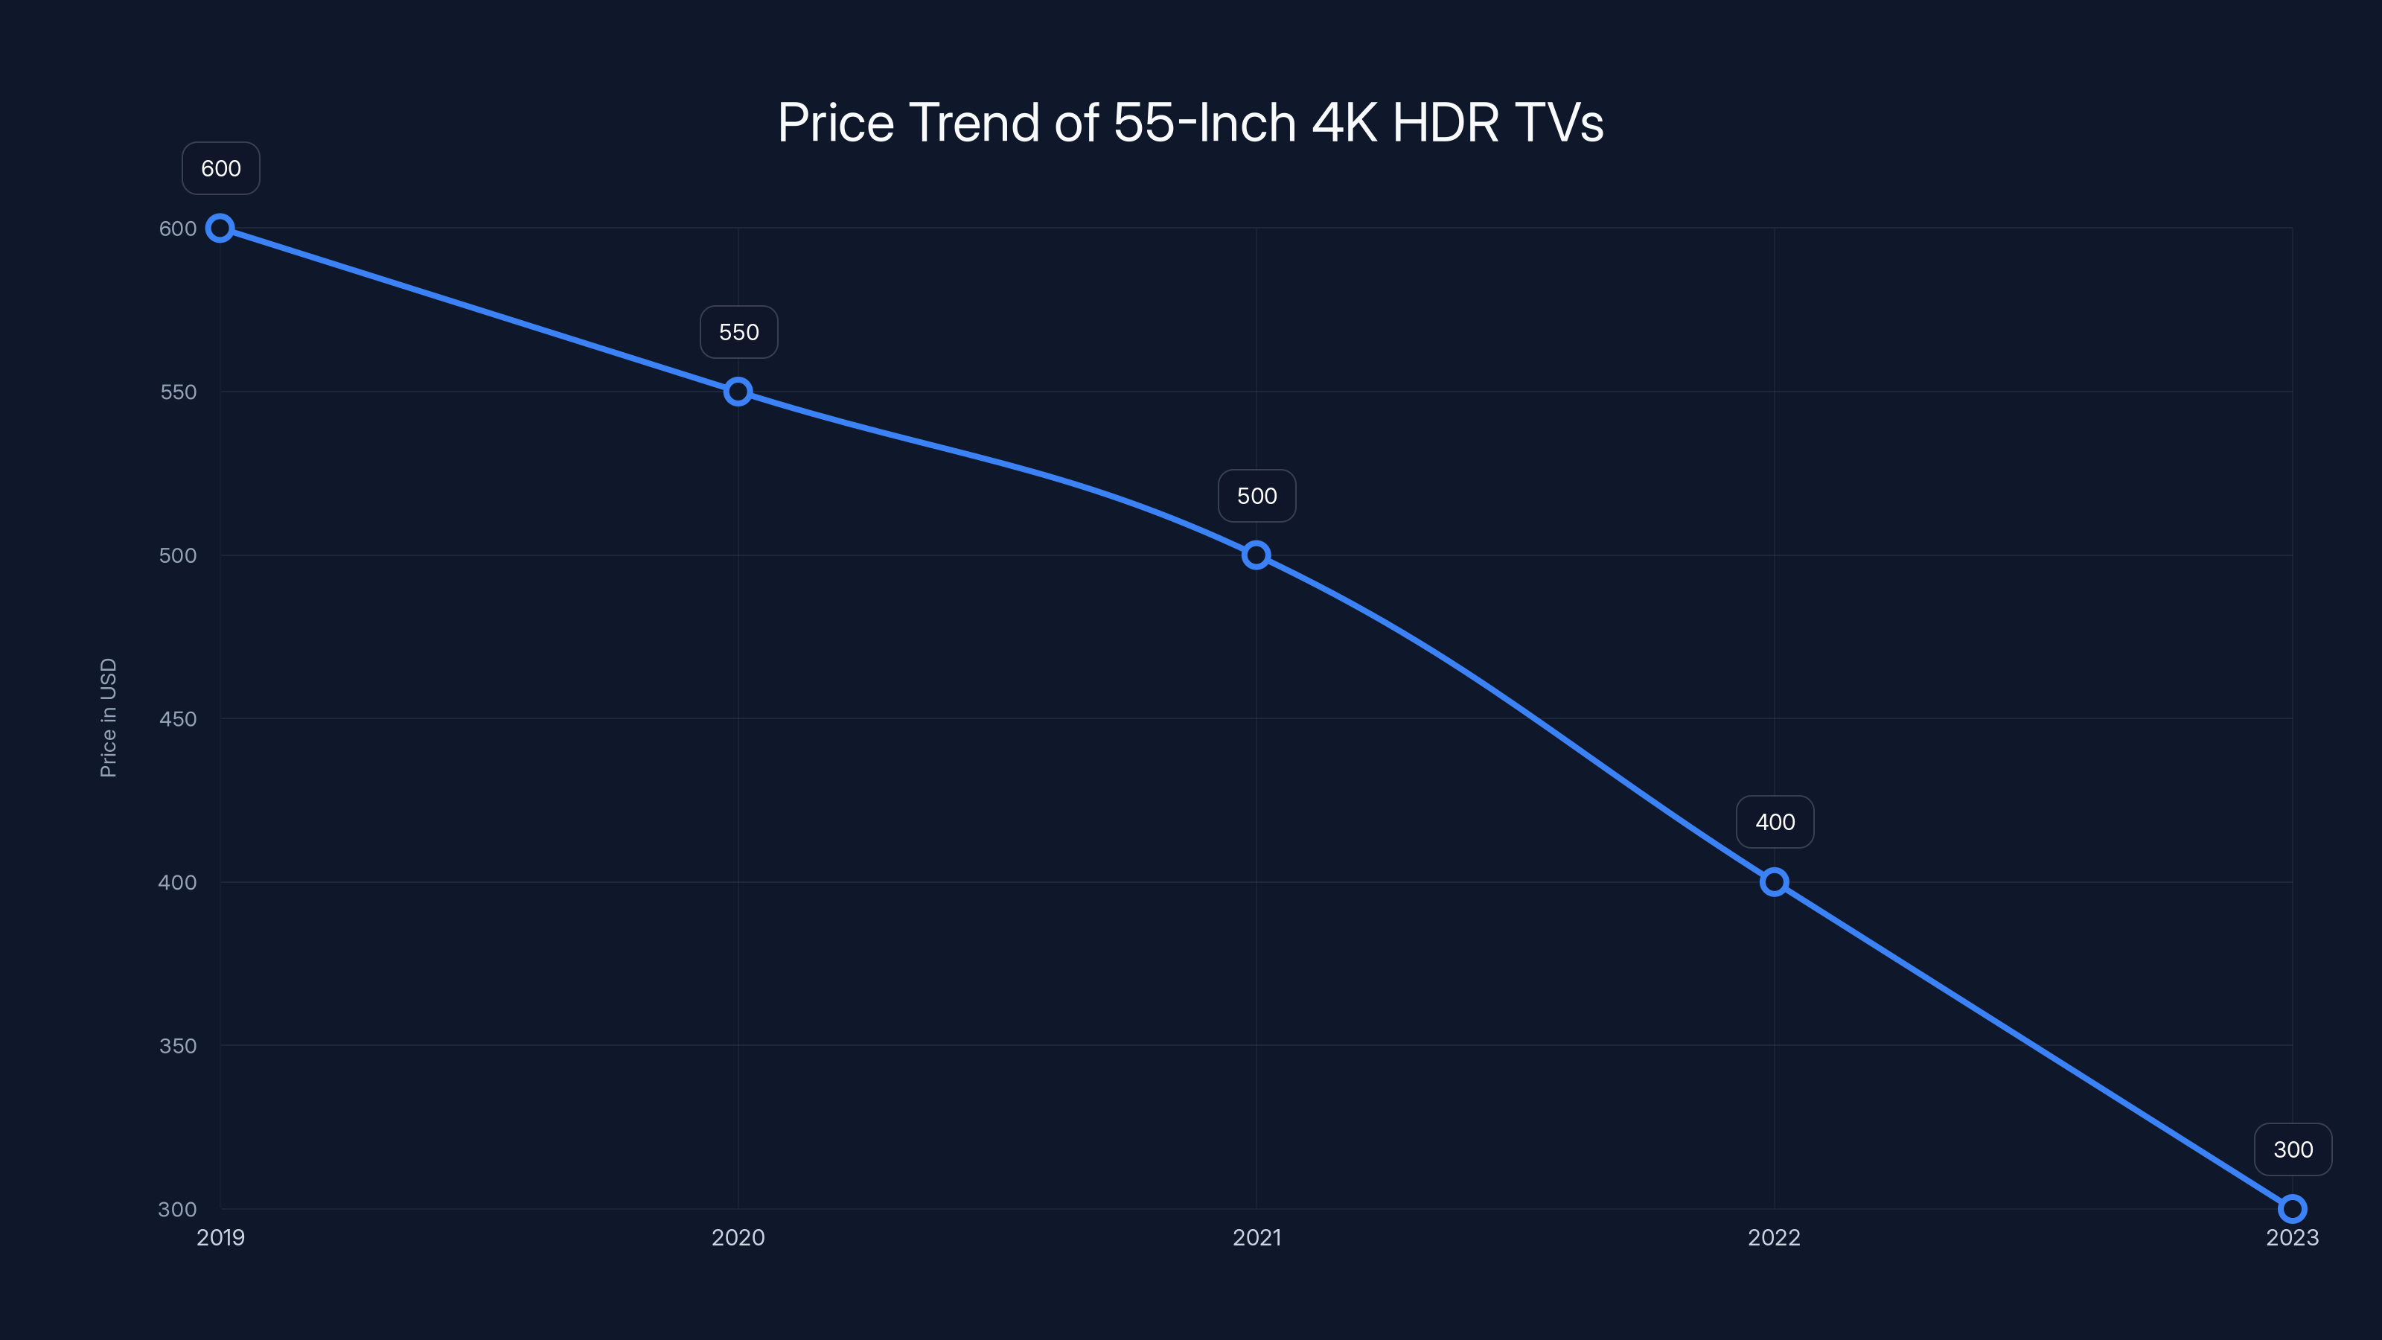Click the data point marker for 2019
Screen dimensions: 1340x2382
pyautogui.click(x=220, y=229)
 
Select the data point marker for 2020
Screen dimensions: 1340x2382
pyautogui.click(x=738, y=392)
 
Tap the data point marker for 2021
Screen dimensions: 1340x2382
pyautogui.click(x=1256, y=556)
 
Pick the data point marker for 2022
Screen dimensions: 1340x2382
pyautogui.click(x=1774, y=882)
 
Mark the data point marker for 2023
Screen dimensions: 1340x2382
pyautogui.click(x=2293, y=1209)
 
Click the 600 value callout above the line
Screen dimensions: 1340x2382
pyautogui.click(x=221, y=168)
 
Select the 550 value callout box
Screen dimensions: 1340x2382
pyautogui.click(x=739, y=332)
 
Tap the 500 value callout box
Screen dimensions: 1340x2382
pyautogui.click(x=1257, y=497)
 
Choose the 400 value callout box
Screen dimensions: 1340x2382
pyautogui.click(x=1775, y=822)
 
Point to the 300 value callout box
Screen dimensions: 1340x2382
pyautogui.click(x=2293, y=1149)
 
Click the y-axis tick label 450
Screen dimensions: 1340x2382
pyautogui.click(x=178, y=719)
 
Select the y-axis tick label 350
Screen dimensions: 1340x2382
pyautogui.click(x=178, y=1046)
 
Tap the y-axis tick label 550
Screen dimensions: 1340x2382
pyautogui.click(x=178, y=392)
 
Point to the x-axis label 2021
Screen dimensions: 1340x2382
pyautogui.click(x=1257, y=1238)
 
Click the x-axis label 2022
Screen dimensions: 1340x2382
pyautogui.click(x=1774, y=1238)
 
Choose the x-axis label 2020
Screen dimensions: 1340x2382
pyautogui.click(x=738, y=1238)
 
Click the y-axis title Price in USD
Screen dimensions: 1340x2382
pyautogui.click(x=108, y=718)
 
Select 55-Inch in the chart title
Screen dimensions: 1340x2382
pyautogui.click(x=1205, y=123)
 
